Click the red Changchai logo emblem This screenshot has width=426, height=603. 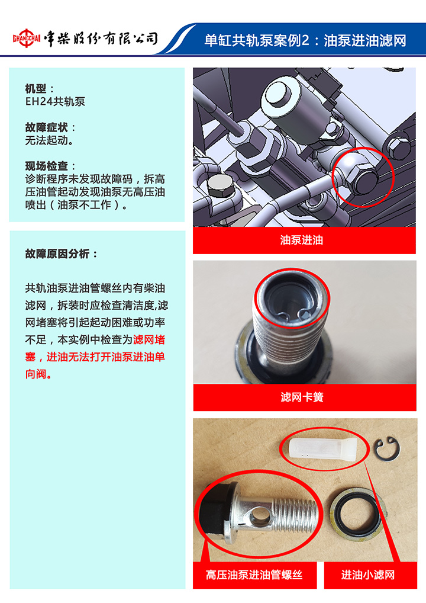click(x=26, y=38)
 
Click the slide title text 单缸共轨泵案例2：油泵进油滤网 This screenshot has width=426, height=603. click(x=305, y=40)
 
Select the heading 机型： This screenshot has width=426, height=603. click(x=39, y=88)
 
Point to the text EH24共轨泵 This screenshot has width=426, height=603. click(x=55, y=101)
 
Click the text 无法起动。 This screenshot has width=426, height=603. click(x=49, y=140)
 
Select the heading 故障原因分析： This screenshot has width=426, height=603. click(x=61, y=254)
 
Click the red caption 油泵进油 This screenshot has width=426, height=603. click(x=302, y=240)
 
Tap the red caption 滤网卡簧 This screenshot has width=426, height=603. click(x=302, y=397)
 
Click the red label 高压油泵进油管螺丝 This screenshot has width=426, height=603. click(x=254, y=575)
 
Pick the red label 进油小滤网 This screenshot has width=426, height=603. click(x=368, y=575)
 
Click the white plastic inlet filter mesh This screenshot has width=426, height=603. click(x=323, y=448)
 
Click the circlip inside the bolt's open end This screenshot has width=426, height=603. click(x=292, y=314)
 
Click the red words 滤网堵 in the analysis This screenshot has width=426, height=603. click(x=149, y=339)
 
